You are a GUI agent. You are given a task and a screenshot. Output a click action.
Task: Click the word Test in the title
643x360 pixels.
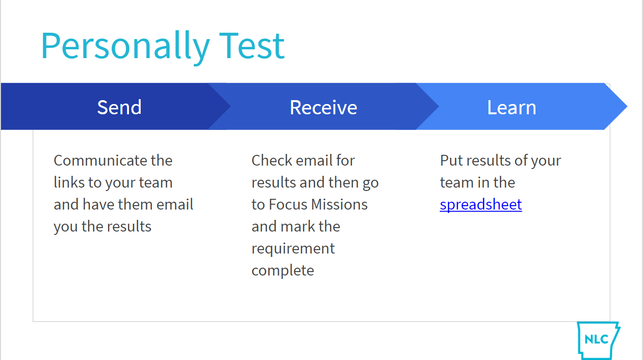pos(252,46)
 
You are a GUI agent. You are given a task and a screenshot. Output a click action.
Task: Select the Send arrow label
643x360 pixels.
pos(119,107)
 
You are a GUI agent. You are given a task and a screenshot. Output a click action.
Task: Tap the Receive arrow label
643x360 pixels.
pos(323,107)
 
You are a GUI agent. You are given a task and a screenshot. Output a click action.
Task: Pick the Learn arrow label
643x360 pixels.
pos(512,107)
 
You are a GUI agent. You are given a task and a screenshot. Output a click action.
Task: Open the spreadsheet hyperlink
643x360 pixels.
pos(481,205)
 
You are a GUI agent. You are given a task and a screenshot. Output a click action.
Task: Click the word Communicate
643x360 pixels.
pos(99,160)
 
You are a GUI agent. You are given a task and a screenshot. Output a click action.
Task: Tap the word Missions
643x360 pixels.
pos(339,204)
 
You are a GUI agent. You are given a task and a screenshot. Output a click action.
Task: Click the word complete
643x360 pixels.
pos(283,271)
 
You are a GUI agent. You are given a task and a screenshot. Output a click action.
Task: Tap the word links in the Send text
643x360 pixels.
pos(69,182)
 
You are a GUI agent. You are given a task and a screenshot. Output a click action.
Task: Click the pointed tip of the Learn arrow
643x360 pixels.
pos(627,106)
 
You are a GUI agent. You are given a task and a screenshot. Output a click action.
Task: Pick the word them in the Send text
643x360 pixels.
pos(135,204)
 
